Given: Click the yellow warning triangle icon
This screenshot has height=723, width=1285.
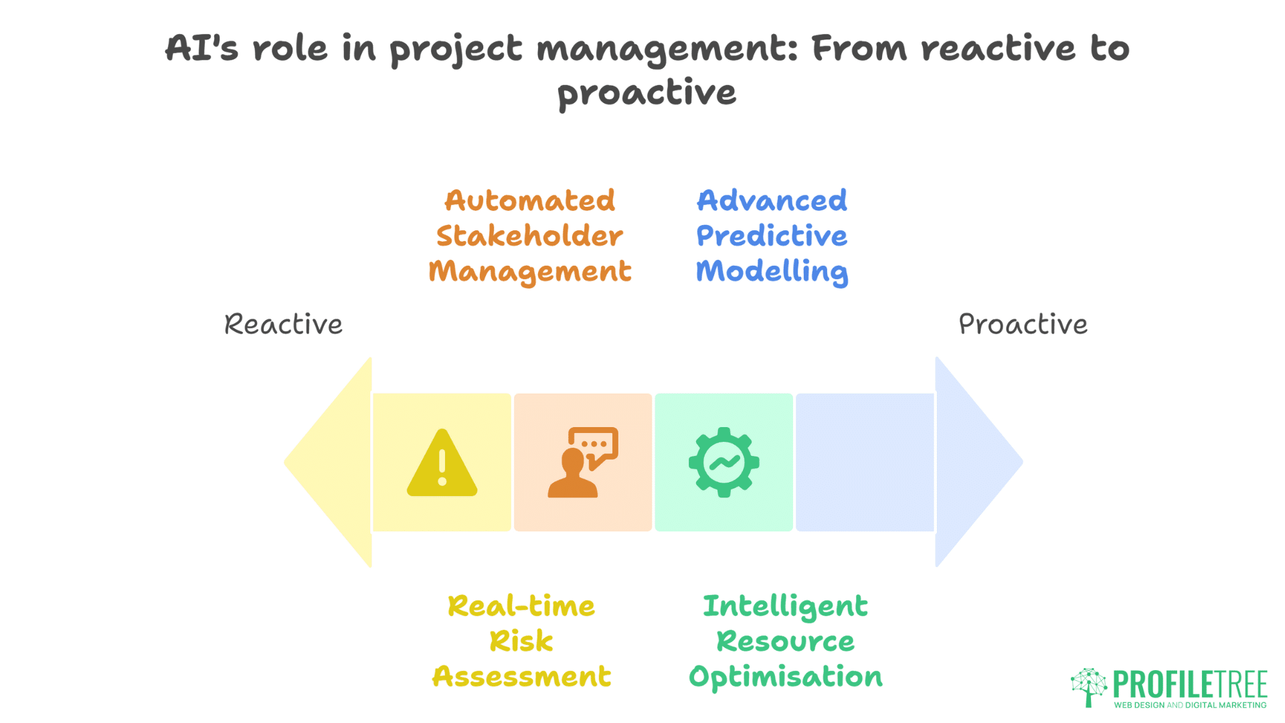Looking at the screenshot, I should coord(442,464).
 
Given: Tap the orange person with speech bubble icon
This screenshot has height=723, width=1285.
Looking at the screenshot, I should coord(582,463).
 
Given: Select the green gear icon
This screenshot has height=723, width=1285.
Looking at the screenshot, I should coord(723,462).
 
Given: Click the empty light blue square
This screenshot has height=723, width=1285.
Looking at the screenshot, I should coord(865,462).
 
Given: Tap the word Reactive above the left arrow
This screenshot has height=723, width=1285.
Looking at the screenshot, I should coord(283,325).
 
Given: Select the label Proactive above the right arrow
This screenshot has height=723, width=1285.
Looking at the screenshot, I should coord(1023,325).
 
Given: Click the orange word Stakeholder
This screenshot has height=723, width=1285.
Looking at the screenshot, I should coord(529,236).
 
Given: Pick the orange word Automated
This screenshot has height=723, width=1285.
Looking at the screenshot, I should coord(529,201).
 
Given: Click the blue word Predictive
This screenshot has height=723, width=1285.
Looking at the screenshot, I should coord(772,236).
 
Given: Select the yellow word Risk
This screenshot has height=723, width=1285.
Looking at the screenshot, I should coord(521,641).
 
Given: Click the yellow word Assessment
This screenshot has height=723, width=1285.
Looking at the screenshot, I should coord(521,677).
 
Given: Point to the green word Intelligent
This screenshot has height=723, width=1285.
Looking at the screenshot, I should coord(785,607).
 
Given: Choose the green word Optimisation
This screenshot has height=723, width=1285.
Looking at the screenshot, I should coord(785,677).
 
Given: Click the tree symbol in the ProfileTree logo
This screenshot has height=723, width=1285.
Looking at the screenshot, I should coord(1089,686).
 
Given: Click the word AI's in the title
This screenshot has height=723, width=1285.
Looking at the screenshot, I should coord(201,48).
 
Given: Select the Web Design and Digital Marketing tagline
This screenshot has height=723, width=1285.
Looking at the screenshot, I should coord(1190,705).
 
